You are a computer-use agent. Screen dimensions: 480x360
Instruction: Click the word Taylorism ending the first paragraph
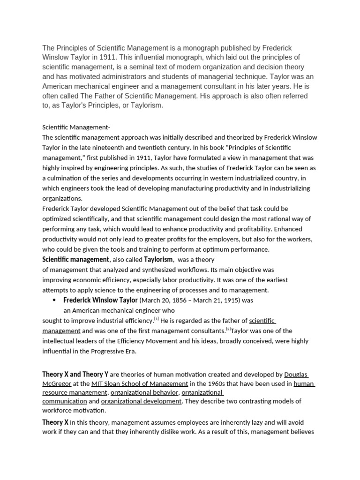click(x=148, y=105)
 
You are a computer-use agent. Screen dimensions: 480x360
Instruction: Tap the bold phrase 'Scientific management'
click(x=75, y=259)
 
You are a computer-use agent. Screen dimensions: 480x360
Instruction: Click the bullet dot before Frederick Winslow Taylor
click(x=54, y=300)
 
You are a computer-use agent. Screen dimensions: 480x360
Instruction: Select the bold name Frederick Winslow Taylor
click(x=100, y=300)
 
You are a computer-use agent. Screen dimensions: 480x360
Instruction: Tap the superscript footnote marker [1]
click(x=157, y=319)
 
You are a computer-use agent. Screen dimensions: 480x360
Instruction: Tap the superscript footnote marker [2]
click(x=228, y=329)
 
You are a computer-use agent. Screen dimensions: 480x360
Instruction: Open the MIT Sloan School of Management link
click(x=140, y=383)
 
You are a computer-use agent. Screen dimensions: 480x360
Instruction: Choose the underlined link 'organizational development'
click(x=141, y=401)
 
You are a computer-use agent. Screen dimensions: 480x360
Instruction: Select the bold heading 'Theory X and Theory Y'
click(x=75, y=374)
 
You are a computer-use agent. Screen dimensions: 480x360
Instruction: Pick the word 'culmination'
click(x=65, y=178)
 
